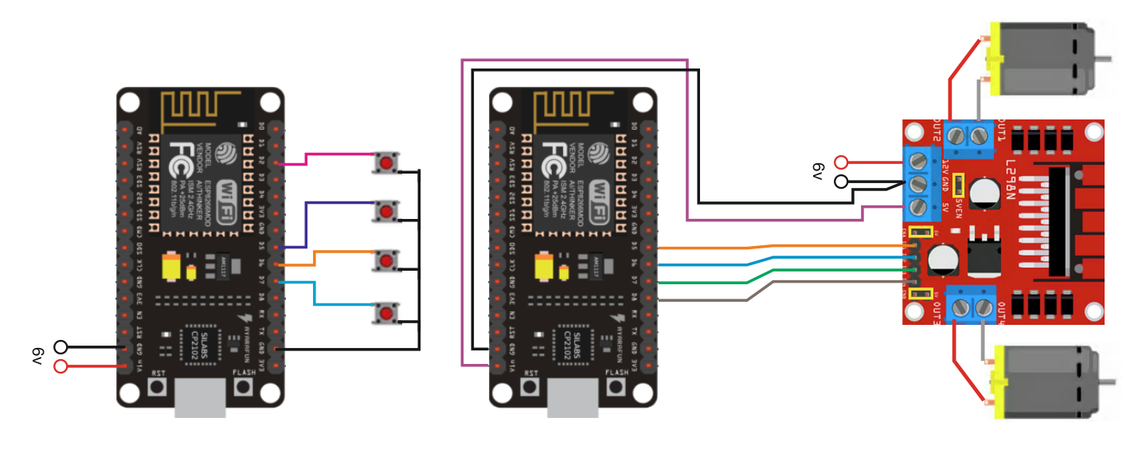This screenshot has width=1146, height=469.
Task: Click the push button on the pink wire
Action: [x=386, y=163]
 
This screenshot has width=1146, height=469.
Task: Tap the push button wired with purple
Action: [x=386, y=212]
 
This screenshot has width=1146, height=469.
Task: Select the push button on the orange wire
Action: [x=386, y=260]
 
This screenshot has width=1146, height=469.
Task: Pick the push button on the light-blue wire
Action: [x=386, y=311]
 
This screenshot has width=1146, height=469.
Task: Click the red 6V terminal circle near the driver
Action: [x=841, y=162]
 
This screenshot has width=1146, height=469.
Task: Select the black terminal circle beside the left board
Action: [x=61, y=346]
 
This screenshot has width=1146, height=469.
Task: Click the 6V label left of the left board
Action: [x=37, y=356]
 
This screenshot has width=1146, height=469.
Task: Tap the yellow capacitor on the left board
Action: [x=170, y=267]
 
